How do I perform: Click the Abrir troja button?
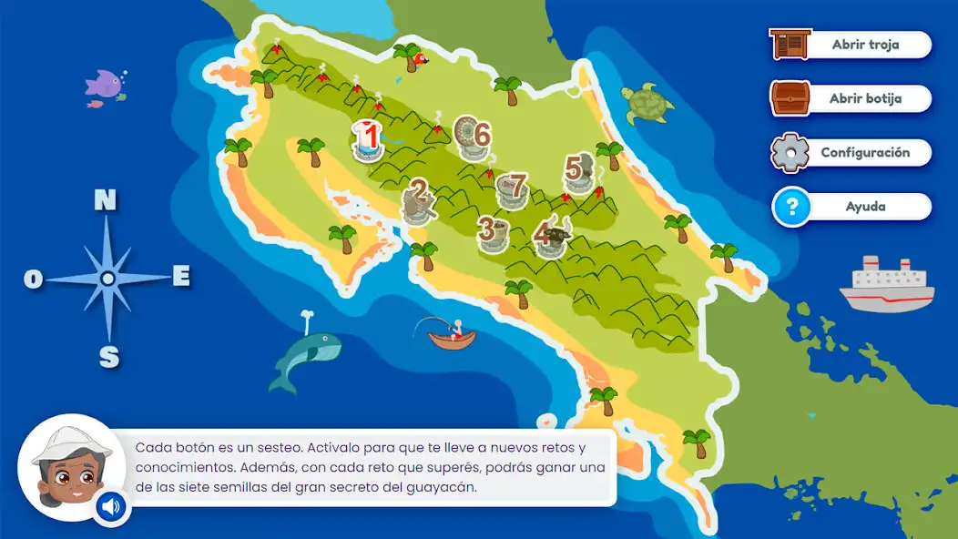coord(851,45)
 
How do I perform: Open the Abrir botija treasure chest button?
coord(851,98)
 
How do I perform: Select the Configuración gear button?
coord(851,153)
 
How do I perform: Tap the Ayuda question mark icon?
coord(791,207)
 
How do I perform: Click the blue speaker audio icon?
coord(112,507)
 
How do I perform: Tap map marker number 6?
coord(473,137)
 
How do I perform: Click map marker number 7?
coord(514,188)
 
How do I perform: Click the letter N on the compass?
coord(106,200)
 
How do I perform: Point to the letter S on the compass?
coord(108,357)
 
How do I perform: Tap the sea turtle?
coord(647,104)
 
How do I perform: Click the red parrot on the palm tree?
coord(420,60)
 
